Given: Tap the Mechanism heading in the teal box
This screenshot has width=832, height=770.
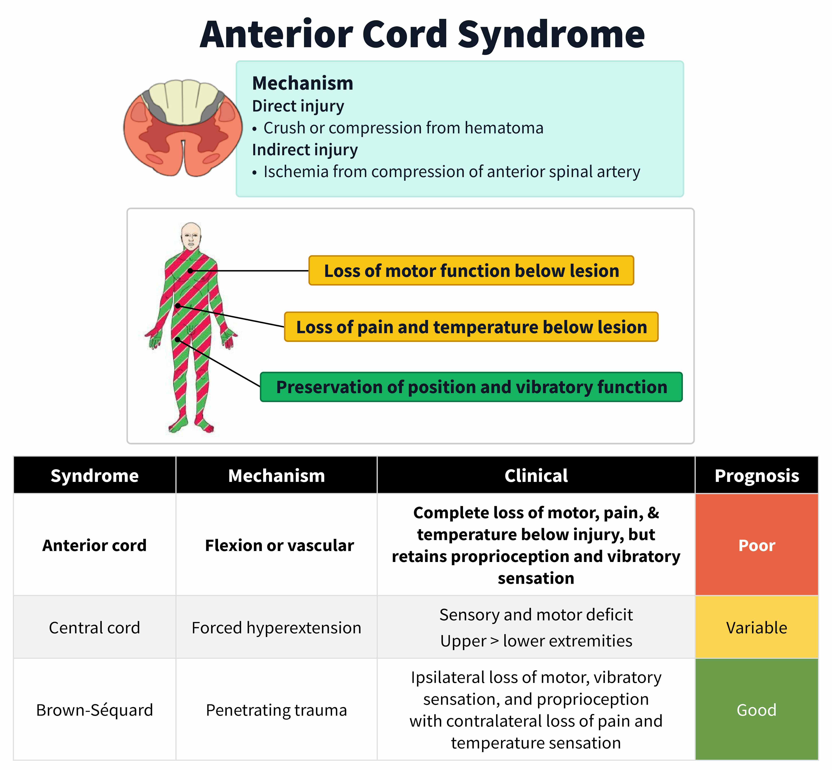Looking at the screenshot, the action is (x=303, y=83).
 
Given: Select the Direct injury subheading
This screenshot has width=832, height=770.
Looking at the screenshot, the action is (x=298, y=106).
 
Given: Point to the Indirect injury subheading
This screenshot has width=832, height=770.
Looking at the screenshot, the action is (x=305, y=150).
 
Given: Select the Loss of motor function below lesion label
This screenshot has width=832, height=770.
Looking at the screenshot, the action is (x=471, y=271).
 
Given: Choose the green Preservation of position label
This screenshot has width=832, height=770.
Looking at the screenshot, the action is (x=471, y=387).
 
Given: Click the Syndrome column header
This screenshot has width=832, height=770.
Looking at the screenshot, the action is (x=95, y=476).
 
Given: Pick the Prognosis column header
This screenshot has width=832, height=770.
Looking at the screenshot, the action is (x=756, y=476).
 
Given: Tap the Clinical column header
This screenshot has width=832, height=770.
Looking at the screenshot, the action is (x=536, y=476).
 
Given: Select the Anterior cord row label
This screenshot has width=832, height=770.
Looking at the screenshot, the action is (x=95, y=545).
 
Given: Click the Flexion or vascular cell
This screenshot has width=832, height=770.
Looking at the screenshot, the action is (x=279, y=545).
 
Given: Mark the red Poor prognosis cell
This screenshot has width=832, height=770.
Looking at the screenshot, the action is (x=756, y=545).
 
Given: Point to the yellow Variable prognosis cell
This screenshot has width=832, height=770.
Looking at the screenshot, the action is (x=756, y=627).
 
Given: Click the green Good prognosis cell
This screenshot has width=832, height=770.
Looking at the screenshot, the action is (x=756, y=710).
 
